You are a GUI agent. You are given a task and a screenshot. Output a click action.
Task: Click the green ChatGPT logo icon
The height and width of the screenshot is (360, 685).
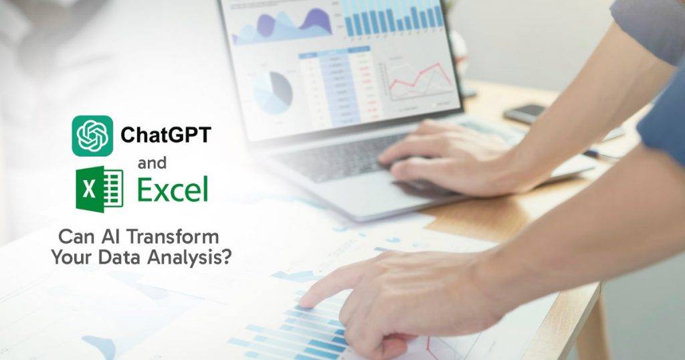(93, 136)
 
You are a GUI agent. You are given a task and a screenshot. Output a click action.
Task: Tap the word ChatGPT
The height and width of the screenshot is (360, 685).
(165, 135)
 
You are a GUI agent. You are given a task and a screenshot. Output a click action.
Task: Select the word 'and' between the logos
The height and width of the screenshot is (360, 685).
(153, 163)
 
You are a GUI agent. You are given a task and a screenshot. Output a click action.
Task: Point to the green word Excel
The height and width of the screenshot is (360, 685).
(173, 189)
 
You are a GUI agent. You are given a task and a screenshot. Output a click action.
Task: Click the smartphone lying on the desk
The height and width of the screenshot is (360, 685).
(524, 113)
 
